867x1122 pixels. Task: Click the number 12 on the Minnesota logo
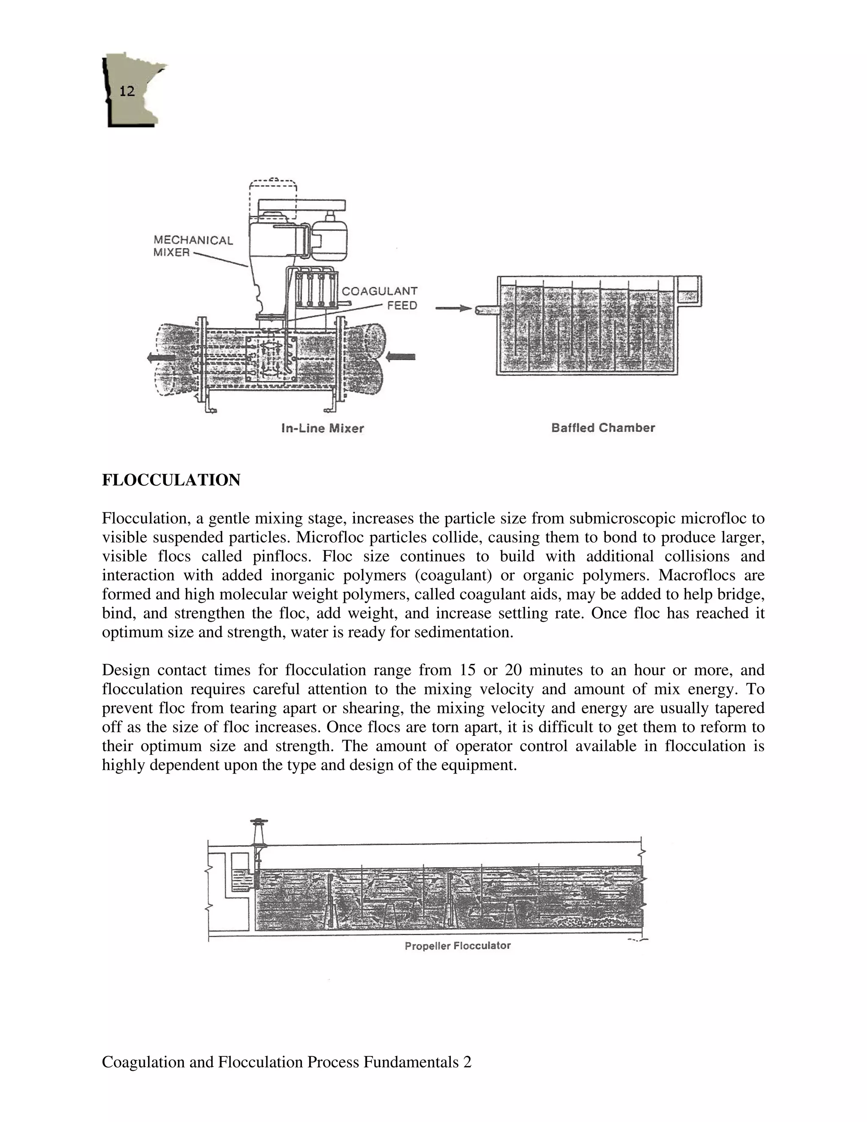click(x=127, y=91)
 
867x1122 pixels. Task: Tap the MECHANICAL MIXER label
click(x=193, y=246)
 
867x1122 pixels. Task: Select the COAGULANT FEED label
click(x=380, y=298)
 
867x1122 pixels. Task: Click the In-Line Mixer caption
click(x=323, y=428)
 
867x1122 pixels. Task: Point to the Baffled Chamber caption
click(x=603, y=428)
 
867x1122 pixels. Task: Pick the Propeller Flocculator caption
click(x=458, y=946)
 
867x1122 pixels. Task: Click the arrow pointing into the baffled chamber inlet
click(x=453, y=308)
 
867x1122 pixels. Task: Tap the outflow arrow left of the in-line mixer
click(x=160, y=358)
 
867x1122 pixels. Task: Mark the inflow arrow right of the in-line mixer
click(x=400, y=356)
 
